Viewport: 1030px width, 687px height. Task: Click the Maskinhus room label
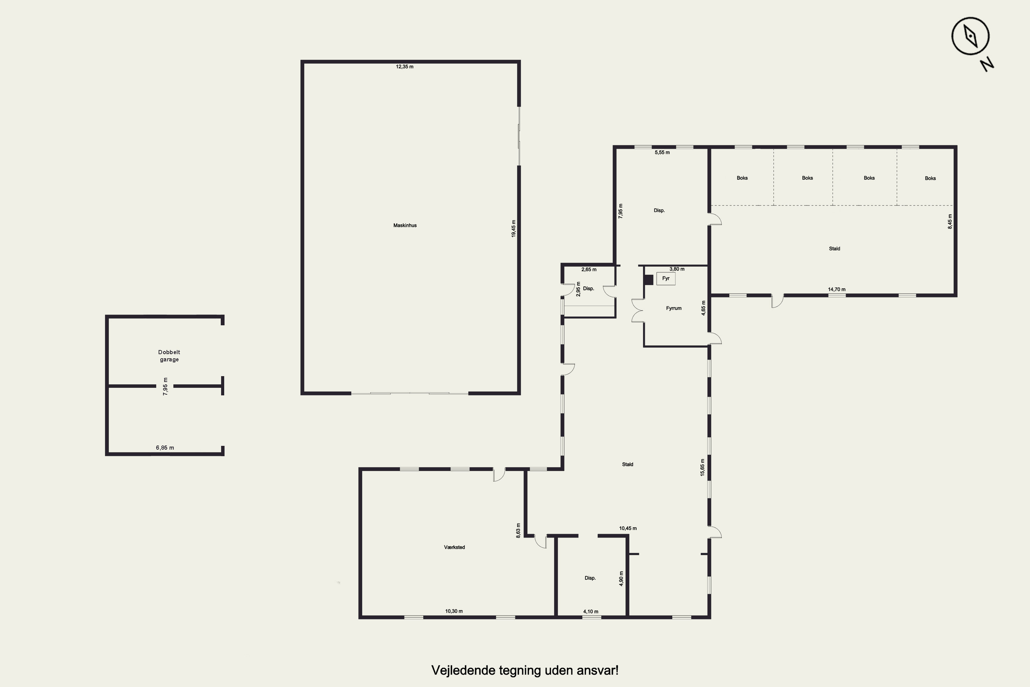click(405, 225)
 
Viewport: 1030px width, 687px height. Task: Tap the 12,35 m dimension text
click(405, 67)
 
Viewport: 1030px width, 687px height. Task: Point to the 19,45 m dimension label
click(514, 229)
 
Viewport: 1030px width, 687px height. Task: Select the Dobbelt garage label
click(169, 356)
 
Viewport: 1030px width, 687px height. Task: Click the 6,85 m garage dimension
click(165, 448)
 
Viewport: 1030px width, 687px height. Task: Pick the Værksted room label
click(454, 547)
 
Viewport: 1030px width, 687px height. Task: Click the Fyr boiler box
click(666, 279)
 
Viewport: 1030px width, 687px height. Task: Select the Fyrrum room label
click(674, 308)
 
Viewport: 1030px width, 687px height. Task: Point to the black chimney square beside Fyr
click(649, 280)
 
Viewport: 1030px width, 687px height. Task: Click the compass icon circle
click(971, 36)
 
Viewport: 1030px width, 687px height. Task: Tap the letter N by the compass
click(987, 65)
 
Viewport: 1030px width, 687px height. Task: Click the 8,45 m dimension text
click(950, 221)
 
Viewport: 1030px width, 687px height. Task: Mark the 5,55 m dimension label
click(662, 153)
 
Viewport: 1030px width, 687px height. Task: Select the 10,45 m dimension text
click(628, 528)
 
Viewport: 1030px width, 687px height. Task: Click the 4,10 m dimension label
click(591, 612)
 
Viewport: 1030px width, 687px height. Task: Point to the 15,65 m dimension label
click(702, 468)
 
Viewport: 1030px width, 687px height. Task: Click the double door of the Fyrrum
click(638, 311)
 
